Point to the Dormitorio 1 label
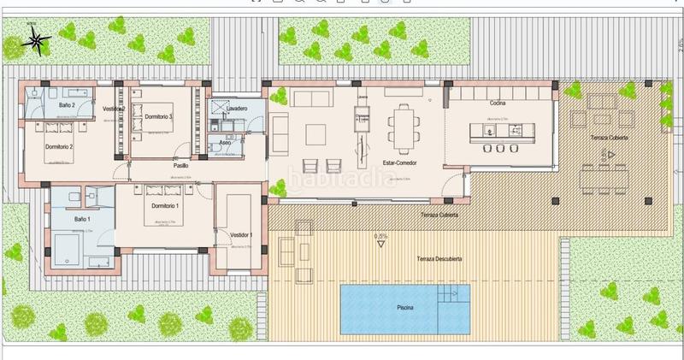click(165, 206)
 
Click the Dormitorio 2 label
click(60, 146)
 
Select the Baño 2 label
click(68, 104)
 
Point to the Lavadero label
click(237, 109)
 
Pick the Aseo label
click(225, 142)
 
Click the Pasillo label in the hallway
click(181, 166)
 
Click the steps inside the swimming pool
click(453, 296)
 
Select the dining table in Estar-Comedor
click(404, 127)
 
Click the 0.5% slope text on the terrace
click(381, 236)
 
